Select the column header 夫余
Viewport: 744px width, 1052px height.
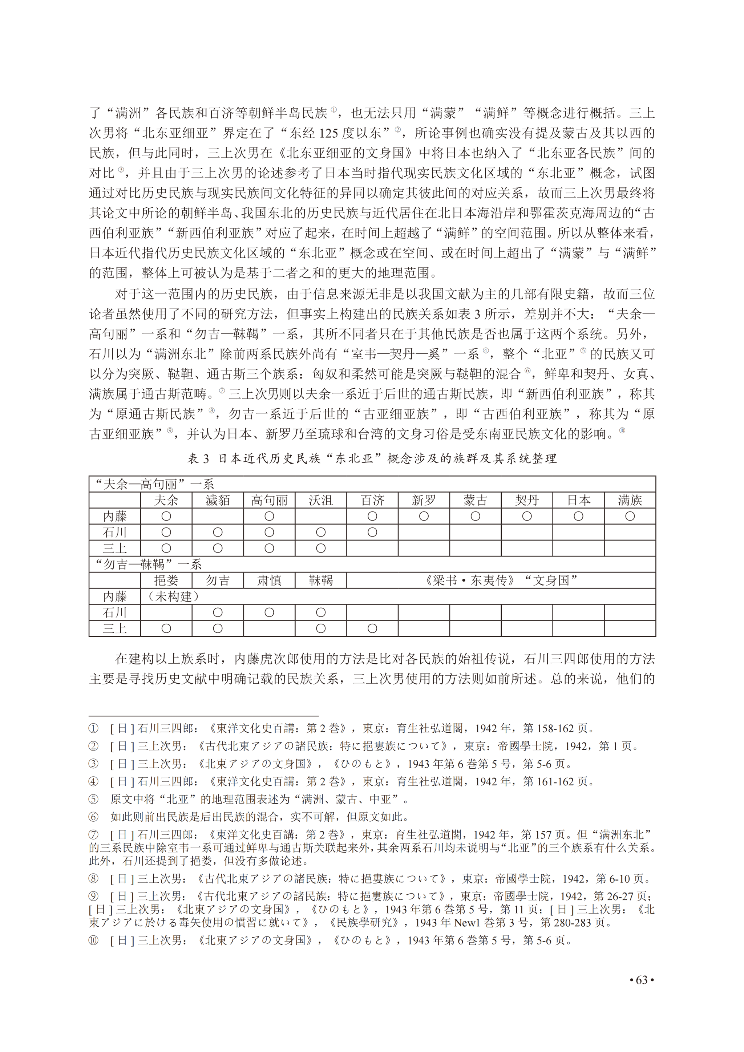click(166, 500)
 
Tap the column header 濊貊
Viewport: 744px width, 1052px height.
click(218, 500)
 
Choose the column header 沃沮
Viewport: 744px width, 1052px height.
click(321, 500)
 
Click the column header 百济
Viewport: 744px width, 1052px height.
click(372, 500)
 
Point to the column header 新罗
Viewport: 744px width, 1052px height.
click(424, 500)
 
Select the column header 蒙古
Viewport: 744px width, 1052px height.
click(475, 500)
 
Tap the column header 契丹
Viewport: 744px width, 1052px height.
click(527, 500)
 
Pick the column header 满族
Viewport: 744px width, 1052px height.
click(630, 500)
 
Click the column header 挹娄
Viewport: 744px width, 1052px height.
click(166, 580)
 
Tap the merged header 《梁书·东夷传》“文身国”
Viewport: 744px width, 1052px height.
click(501, 580)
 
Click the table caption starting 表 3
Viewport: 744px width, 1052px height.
click(372, 459)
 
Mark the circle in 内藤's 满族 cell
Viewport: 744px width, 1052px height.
click(630, 517)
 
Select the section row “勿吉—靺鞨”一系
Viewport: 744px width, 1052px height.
click(147, 564)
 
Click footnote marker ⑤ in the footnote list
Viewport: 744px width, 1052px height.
click(93, 799)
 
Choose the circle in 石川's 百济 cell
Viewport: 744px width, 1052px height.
click(372, 533)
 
